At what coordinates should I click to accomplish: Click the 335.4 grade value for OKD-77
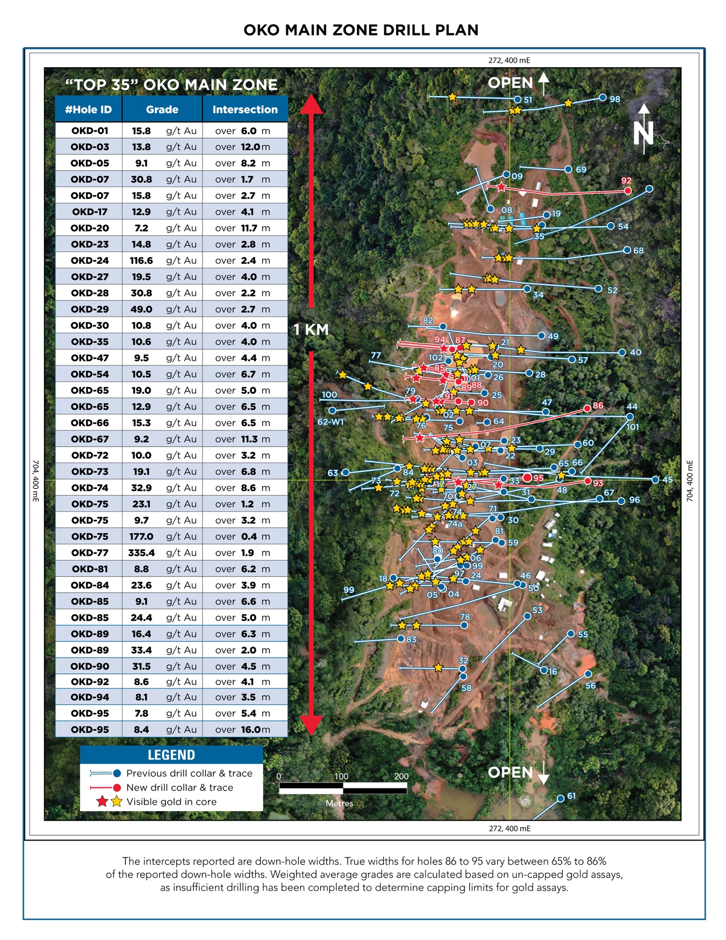coord(141,552)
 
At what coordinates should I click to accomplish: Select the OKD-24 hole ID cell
coord(90,260)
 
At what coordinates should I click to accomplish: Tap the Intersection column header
coord(245,110)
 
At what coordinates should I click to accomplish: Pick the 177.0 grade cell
coord(141,536)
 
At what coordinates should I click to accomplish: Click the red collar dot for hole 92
coord(628,191)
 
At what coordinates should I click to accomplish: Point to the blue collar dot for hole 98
coord(603,98)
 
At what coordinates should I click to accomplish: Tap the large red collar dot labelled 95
coord(528,478)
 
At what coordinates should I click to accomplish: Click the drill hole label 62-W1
coord(330,422)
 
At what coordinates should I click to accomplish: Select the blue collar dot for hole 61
coord(560,798)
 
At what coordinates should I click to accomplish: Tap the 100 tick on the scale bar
coord(342,776)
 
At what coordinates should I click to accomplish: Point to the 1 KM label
coord(311,329)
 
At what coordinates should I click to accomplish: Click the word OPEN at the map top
coord(510,83)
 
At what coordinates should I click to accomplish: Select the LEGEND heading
coord(171,755)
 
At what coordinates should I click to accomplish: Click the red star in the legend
coord(102,802)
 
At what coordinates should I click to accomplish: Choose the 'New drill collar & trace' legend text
coord(179,787)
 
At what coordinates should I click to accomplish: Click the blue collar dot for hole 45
coord(655,480)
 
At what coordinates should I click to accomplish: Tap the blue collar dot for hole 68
coord(627,250)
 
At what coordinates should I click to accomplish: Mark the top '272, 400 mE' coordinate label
coord(509,60)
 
